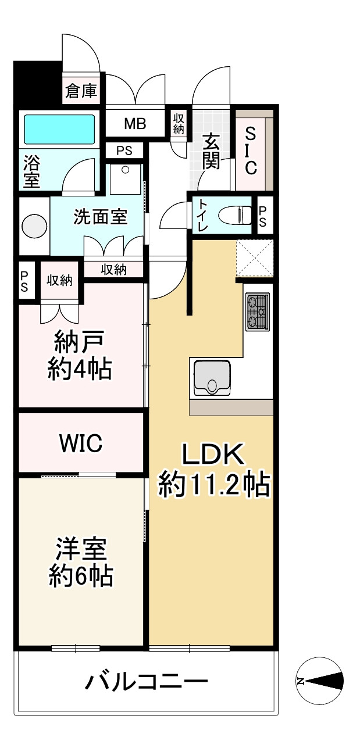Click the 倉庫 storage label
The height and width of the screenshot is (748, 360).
coord(81,91)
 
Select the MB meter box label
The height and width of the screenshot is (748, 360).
coord(135,124)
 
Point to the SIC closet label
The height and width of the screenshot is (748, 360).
coord(251,151)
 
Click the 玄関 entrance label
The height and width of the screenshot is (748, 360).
coord(211,152)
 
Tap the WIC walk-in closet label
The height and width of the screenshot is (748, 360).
coord(81,443)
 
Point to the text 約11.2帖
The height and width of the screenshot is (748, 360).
coord(214,484)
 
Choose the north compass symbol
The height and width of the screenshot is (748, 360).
coord(320,681)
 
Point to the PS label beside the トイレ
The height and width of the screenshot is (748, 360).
coord(263,215)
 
